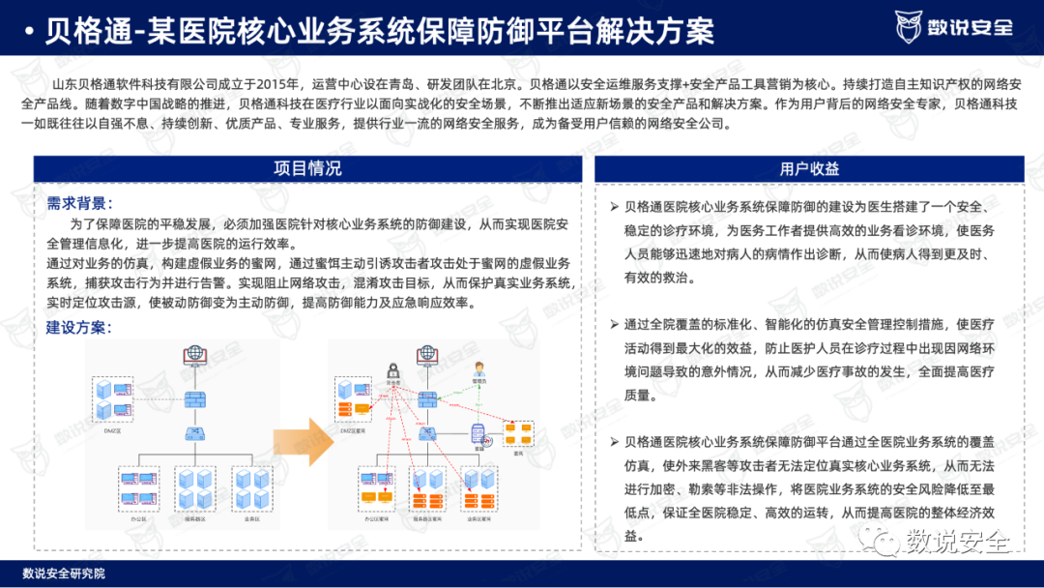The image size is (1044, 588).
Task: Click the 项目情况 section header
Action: pos(307,168)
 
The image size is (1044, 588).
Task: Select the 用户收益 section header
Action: pos(808,168)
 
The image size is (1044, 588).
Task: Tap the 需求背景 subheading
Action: pos(79,203)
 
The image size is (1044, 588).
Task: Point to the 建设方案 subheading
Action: pos(79,327)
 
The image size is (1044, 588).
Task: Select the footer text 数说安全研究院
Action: pos(64,573)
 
